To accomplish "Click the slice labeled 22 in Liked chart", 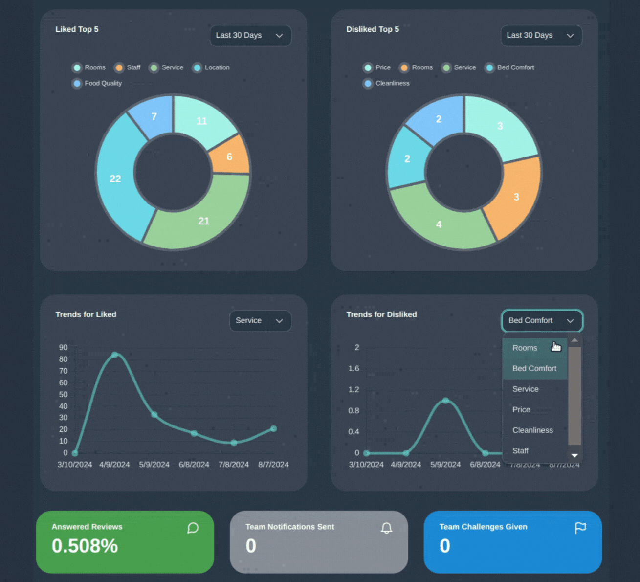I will [116, 179].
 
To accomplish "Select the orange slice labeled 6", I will [229, 157].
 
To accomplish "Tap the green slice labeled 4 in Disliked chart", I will [439, 224].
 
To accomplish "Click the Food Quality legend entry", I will [97, 83].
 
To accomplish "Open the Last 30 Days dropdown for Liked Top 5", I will [250, 36].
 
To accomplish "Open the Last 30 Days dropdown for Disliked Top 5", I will [541, 36].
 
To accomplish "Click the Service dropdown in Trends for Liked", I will [260, 321].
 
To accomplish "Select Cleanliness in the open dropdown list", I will [532, 430].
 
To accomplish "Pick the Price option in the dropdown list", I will [521, 410].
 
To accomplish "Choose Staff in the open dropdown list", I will [520, 451].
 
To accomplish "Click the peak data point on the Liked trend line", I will [114, 355].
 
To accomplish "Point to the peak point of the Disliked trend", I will [445, 401].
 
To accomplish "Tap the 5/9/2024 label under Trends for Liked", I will [154, 465].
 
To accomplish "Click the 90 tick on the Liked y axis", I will [63, 348].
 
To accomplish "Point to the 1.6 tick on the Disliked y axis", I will [353, 369].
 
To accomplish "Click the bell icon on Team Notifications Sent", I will [386, 528].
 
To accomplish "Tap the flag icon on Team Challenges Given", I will [580, 528].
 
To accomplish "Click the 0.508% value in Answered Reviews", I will [85, 546].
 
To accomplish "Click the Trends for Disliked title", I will [381, 314].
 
